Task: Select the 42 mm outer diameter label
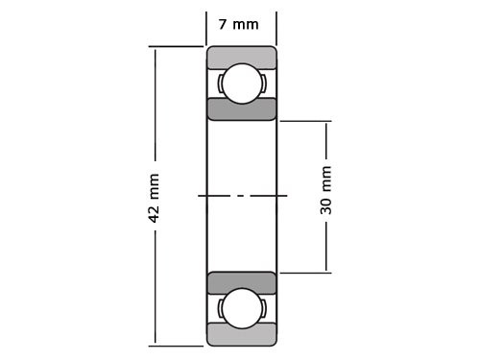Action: click(x=154, y=198)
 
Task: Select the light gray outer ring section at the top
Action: click(x=241, y=56)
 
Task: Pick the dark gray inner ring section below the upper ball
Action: click(x=241, y=108)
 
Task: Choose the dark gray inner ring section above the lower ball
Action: click(x=241, y=283)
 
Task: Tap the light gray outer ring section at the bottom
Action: click(x=241, y=335)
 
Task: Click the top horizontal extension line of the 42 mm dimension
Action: click(x=178, y=46)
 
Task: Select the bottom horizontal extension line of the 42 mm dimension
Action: click(x=178, y=345)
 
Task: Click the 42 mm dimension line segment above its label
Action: click(x=154, y=106)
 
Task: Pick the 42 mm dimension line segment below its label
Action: click(x=154, y=288)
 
